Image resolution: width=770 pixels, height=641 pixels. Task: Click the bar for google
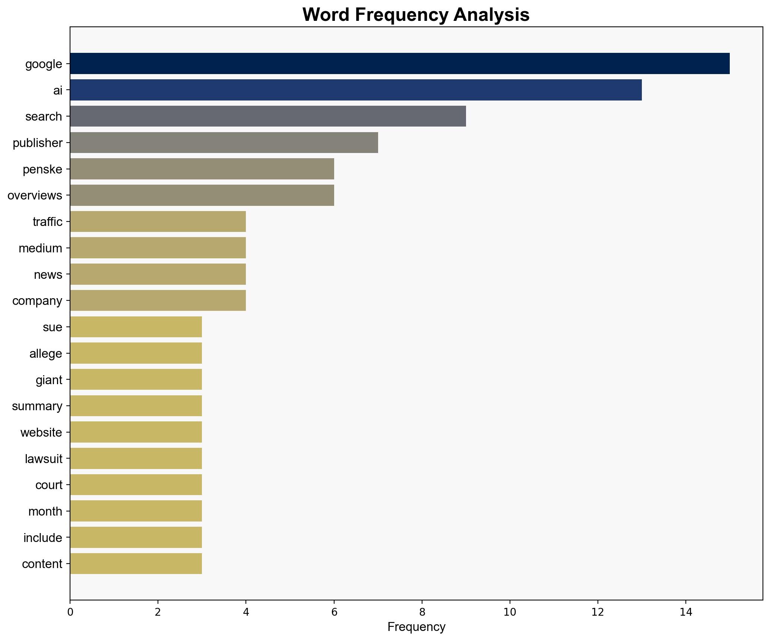coord(399,63)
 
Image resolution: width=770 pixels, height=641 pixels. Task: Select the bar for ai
coord(355,90)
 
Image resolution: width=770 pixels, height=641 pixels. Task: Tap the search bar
coord(267,116)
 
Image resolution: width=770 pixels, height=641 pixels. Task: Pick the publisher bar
coord(224,143)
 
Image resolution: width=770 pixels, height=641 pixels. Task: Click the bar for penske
coord(202,169)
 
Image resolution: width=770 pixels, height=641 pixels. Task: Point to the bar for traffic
coord(158,221)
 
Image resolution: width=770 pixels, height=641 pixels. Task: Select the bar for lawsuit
coord(136,458)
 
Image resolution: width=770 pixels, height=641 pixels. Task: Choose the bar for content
coord(136,564)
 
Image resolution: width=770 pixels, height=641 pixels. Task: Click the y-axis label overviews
coord(35,195)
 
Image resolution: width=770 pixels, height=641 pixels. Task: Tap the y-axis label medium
coord(40,248)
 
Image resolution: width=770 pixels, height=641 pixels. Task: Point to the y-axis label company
coord(37,301)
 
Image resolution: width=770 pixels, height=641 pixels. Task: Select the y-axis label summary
coord(37,406)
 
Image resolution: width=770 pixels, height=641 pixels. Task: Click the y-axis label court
coord(48,485)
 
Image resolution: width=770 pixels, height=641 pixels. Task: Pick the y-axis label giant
coord(49,380)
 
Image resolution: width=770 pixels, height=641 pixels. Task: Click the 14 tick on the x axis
coord(685,612)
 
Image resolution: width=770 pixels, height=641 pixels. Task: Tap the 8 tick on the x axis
coord(422,612)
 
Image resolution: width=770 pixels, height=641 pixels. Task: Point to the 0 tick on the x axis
coord(70,612)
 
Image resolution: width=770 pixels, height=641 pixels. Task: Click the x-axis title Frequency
coord(416,627)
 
